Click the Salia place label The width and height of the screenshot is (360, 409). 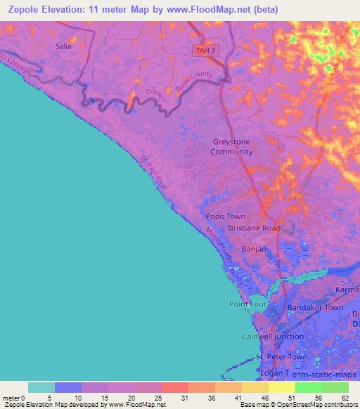tap(63, 46)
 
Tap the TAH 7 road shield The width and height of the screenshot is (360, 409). tap(203, 49)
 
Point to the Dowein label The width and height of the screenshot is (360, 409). tap(157, 96)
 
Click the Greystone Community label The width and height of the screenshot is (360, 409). tap(231, 146)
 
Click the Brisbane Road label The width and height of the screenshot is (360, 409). tap(254, 228)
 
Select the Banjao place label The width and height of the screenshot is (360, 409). tap(254, 249)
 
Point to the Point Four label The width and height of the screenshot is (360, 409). tap(246, 304)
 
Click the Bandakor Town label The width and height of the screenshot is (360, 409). tap(314, 308)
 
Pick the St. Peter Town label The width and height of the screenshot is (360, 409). tap(282, 357)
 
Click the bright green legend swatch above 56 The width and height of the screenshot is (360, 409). tap(309, 387)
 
